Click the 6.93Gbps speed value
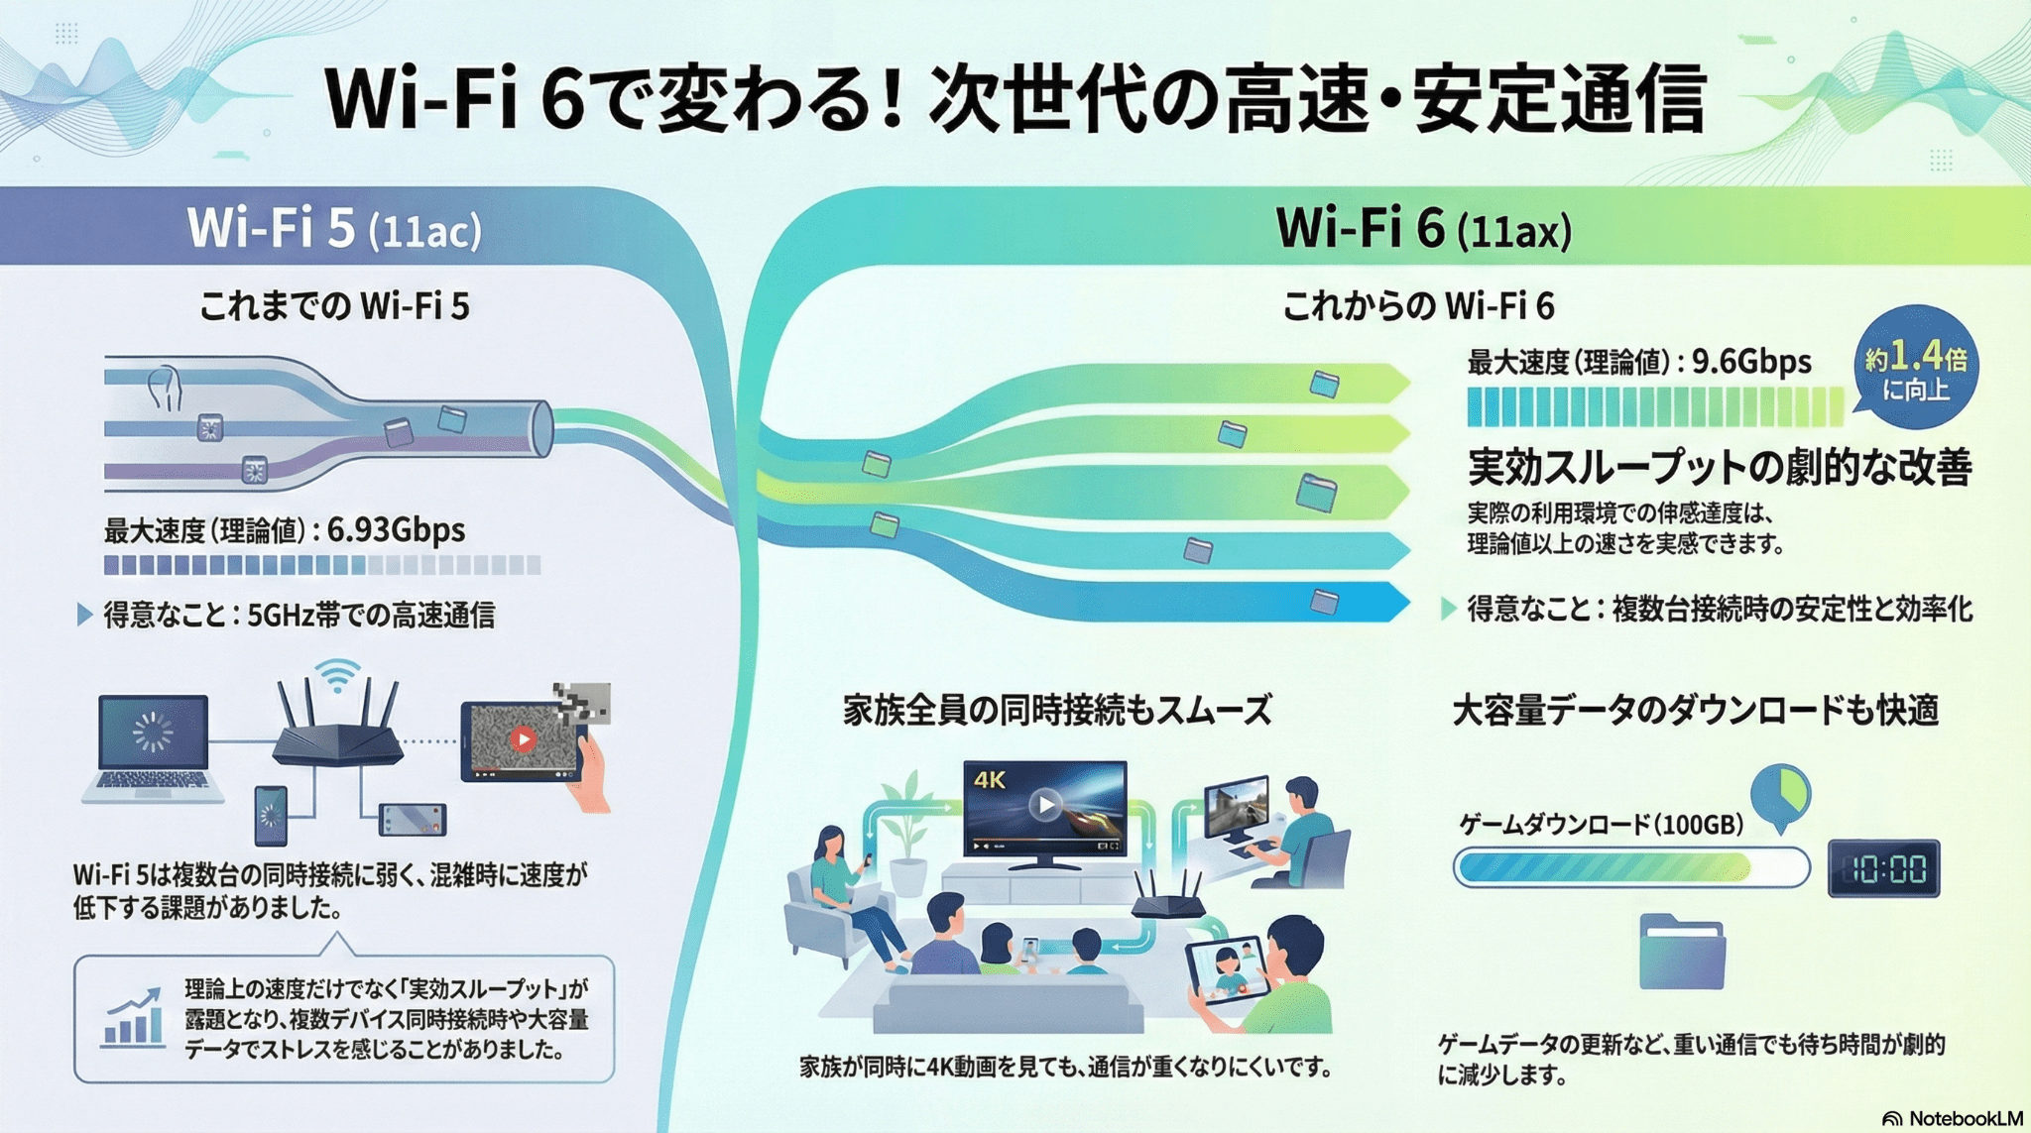click(396, 530)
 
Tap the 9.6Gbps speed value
click(1751, 362)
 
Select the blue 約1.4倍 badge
click(1915, 368)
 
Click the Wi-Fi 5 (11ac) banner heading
click(334, 229)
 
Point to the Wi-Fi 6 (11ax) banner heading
click(1423, 229)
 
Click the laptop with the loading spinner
click(153, 743)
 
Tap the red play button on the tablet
click(523, 738)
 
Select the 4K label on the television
click(990, 780)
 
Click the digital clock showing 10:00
click(1883, 869)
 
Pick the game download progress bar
click(1630, 869)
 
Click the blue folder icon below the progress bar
click(1681, 953)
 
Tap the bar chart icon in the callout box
click(134, 1018)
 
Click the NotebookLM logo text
click(1965, 1118)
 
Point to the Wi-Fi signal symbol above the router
click(338, 674)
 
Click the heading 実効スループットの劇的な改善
click(1720, 467)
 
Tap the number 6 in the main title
click(564, 100)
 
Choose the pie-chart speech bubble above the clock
click(1780, 794)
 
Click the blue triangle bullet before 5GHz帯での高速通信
click(84, 616)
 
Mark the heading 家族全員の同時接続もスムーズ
click(1057, 711)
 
